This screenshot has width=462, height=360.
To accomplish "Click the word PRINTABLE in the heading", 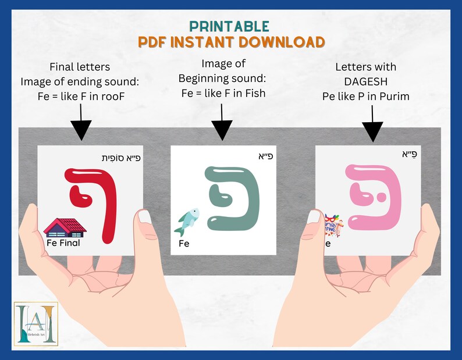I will pyautogui.click(x=229, y=26).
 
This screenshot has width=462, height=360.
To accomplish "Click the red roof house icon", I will pyautogui.click(x=65, y=227).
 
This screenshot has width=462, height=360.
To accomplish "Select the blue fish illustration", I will pyautogui.click(x=187, y=223).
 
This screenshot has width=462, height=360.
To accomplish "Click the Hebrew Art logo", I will pyautogui.click(x=36, y=324).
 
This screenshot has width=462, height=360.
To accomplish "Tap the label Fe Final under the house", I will pyautogui.click(x=63, y=243).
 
